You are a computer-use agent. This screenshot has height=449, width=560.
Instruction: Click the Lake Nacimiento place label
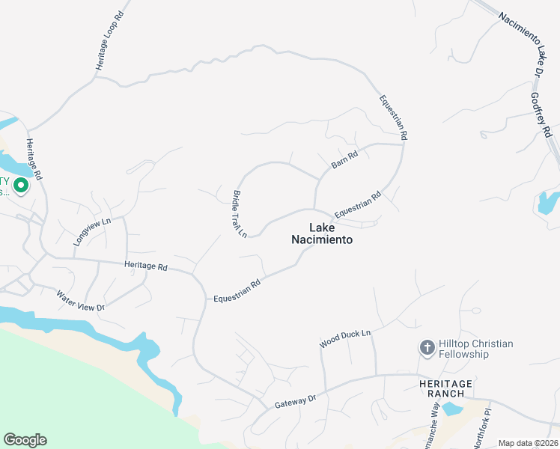320,234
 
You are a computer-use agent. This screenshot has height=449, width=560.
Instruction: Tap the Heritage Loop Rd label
109,42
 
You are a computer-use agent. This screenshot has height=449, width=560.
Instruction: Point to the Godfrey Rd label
541,115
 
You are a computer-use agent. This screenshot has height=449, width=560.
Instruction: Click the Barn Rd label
345,160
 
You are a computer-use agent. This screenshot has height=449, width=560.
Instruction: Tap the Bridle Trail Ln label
239,214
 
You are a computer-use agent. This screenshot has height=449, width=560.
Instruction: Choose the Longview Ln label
92,232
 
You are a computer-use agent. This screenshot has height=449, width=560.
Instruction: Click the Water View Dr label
80,297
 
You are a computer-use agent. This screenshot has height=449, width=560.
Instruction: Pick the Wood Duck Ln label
345,338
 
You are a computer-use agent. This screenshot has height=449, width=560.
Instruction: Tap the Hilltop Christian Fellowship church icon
427,348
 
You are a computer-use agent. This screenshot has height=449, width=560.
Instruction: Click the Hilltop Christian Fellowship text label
476,349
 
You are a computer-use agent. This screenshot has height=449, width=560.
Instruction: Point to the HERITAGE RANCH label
445,389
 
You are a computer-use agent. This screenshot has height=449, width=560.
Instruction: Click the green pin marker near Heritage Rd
21,185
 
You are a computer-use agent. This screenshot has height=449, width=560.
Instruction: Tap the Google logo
25,440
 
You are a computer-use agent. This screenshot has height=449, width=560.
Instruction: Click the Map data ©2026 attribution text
529,443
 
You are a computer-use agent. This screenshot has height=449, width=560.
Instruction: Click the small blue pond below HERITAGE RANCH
451,409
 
